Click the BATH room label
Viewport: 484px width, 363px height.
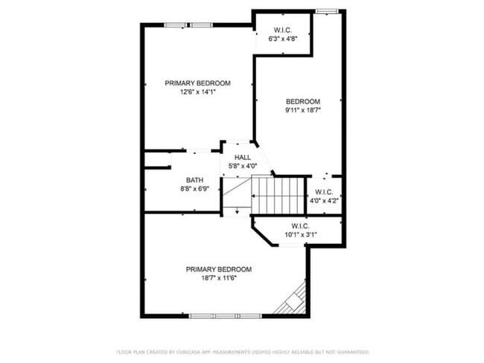point(194,180)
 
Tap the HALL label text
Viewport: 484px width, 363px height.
point(243,158)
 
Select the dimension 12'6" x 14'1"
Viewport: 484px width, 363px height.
point(197,92)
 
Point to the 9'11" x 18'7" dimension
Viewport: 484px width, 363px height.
point(303,111)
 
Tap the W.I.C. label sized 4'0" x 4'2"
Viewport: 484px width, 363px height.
point(325,192)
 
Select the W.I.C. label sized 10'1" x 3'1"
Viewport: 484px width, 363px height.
point(300,225)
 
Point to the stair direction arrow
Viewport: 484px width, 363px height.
point(236,211)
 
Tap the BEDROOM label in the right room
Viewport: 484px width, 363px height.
point(303,102)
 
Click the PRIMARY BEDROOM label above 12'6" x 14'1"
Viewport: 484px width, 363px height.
point(197,83)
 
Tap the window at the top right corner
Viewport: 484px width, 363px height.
point(325,11)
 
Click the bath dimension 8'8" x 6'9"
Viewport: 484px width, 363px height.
point(194,189)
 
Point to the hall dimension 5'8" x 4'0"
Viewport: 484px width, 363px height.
point(243,167)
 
